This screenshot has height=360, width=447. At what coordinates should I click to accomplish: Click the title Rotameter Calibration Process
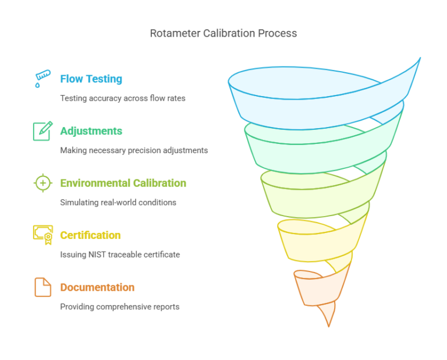(223, 33)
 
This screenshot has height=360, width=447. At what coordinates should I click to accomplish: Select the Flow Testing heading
(91, 79)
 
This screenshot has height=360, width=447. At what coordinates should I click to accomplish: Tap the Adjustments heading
(91, 130)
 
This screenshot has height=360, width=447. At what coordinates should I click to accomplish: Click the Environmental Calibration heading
(123, 183)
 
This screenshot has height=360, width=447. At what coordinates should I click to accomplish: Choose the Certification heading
(90, 235)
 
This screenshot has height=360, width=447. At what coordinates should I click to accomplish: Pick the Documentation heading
(97, 287)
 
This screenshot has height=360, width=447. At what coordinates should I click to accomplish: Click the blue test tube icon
(42, 79)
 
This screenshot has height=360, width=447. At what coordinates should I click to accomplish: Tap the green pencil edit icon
(42, 130)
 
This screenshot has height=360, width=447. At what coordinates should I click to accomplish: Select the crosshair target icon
(42, 183)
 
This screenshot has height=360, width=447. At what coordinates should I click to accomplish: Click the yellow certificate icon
(42, 234)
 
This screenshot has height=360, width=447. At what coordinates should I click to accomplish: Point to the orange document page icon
(42, 287)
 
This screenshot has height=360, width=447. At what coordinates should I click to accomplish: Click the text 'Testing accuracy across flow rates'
(123, 98)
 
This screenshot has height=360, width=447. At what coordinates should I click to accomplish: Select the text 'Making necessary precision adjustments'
(134, 150)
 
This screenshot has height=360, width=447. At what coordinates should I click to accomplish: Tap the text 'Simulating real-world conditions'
(118, 203)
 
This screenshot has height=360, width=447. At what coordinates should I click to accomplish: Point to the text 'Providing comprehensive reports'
(120, 307)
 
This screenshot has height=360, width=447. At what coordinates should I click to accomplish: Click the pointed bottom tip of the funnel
(329, 323)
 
